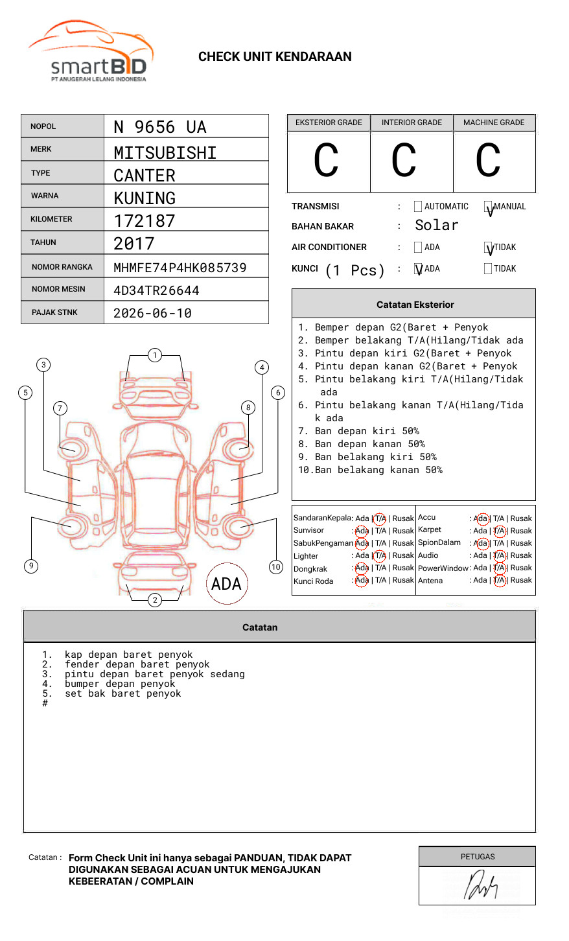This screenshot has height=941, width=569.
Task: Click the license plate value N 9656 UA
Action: click(x=159, y=127)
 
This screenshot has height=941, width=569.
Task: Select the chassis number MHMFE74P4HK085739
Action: click(x=180, y=268)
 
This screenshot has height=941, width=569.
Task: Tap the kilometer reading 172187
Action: click(x=144, y=221)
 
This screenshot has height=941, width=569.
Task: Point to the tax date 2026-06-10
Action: click(x=152, y=313)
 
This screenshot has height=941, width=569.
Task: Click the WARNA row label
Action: click(x=45, y=196)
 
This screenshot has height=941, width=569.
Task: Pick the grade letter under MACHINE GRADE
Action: click(x=488, y=161)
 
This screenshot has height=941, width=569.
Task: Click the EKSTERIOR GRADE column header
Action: click(x=329, y=122)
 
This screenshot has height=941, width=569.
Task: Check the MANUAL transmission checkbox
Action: click(x=488, y=207)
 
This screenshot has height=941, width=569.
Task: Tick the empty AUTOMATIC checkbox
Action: click(x=418, y=207)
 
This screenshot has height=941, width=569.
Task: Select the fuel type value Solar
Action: click(x=436, y=226)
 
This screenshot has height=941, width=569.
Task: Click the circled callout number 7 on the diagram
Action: click(x=60, y=408)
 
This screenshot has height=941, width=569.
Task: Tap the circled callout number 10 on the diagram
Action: click(x=276, y=567)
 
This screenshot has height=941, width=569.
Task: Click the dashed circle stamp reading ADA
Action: click(x=226, y=584)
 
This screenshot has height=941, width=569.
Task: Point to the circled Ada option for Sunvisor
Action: click(x=362, y=531)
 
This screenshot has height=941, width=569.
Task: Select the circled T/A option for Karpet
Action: click(x=499, y=531)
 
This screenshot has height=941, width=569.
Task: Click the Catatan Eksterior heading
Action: click(x=415, y=305)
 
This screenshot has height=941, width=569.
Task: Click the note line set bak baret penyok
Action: click(x=122, y=693)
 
